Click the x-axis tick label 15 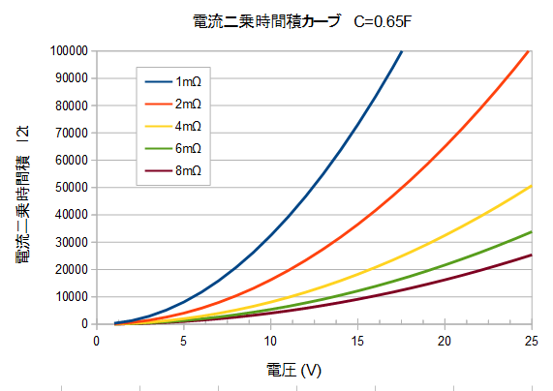tap(357, 341)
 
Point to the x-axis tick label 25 tap(531, 341)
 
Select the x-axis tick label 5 tap(183, 341)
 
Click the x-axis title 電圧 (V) tap(293, 370)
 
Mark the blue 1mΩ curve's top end tap(402, 51)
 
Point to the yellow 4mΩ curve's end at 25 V tap(531, 186)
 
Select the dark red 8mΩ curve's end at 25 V tap(531, 256)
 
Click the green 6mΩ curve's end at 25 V tap(531, 232)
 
